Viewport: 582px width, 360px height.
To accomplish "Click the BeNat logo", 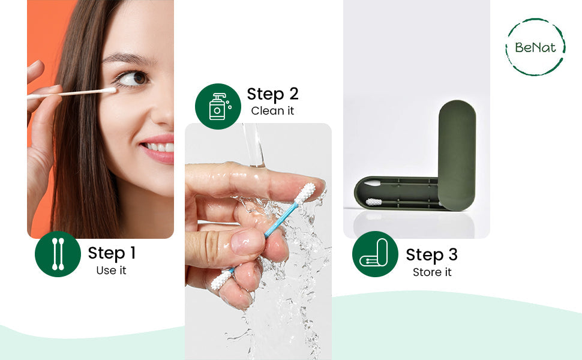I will (535, 47).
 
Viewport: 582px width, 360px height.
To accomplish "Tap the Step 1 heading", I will (112, 253).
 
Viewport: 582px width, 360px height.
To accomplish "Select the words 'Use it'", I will (112, 271).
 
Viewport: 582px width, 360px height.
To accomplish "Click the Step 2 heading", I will (272, 94).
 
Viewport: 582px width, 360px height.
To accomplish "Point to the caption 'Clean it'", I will (272, 111).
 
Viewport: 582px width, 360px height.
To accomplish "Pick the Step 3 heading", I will (431, 254).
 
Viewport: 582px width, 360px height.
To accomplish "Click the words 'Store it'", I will (431, 272).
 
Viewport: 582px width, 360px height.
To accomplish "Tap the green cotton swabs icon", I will (58, 254).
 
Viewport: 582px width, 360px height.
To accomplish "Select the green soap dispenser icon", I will (218, 106).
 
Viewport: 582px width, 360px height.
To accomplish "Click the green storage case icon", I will (375, 254).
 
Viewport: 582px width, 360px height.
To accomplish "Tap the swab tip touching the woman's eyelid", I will (109, 91).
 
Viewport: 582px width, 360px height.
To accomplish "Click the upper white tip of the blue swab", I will (306, 193).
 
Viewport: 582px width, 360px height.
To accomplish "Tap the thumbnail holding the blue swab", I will (247, 242).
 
